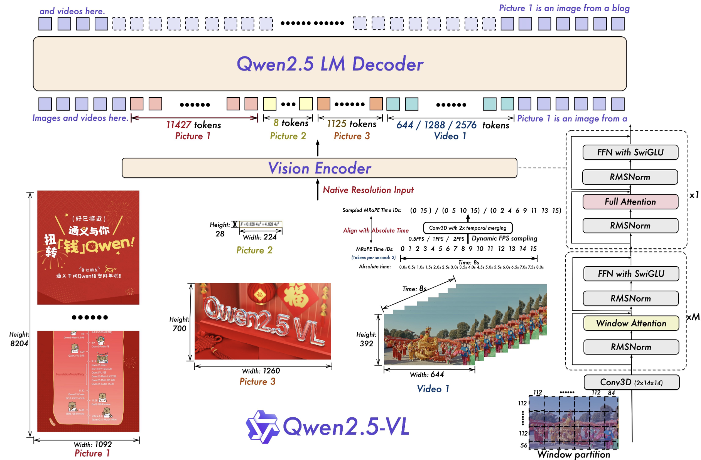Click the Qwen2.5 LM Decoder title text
click(x=330, y=64)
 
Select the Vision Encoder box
click(x=319, y=168)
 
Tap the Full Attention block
click(x=630, y=202)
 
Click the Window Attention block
click(x=631, y=323)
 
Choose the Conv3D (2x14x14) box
click(x=631, y=382)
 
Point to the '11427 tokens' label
click(x=194, y=125)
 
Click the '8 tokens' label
click(x=291, y=123)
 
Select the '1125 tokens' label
click(x=351, y=124)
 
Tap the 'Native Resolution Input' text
click(x=368, y=190)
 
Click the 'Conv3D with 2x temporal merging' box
click(x=468, y=228)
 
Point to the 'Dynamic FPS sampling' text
click(x=504, y=238)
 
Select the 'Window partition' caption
click(x=574, y=454)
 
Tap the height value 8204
click(x=19, y=343)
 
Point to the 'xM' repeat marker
click(x=693, y=317)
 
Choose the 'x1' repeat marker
click(x=694, y=195)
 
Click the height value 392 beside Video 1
click(x=366, y=343)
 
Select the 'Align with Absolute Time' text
click(x=376, y=230)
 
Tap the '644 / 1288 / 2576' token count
click(x=436, y=125)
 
